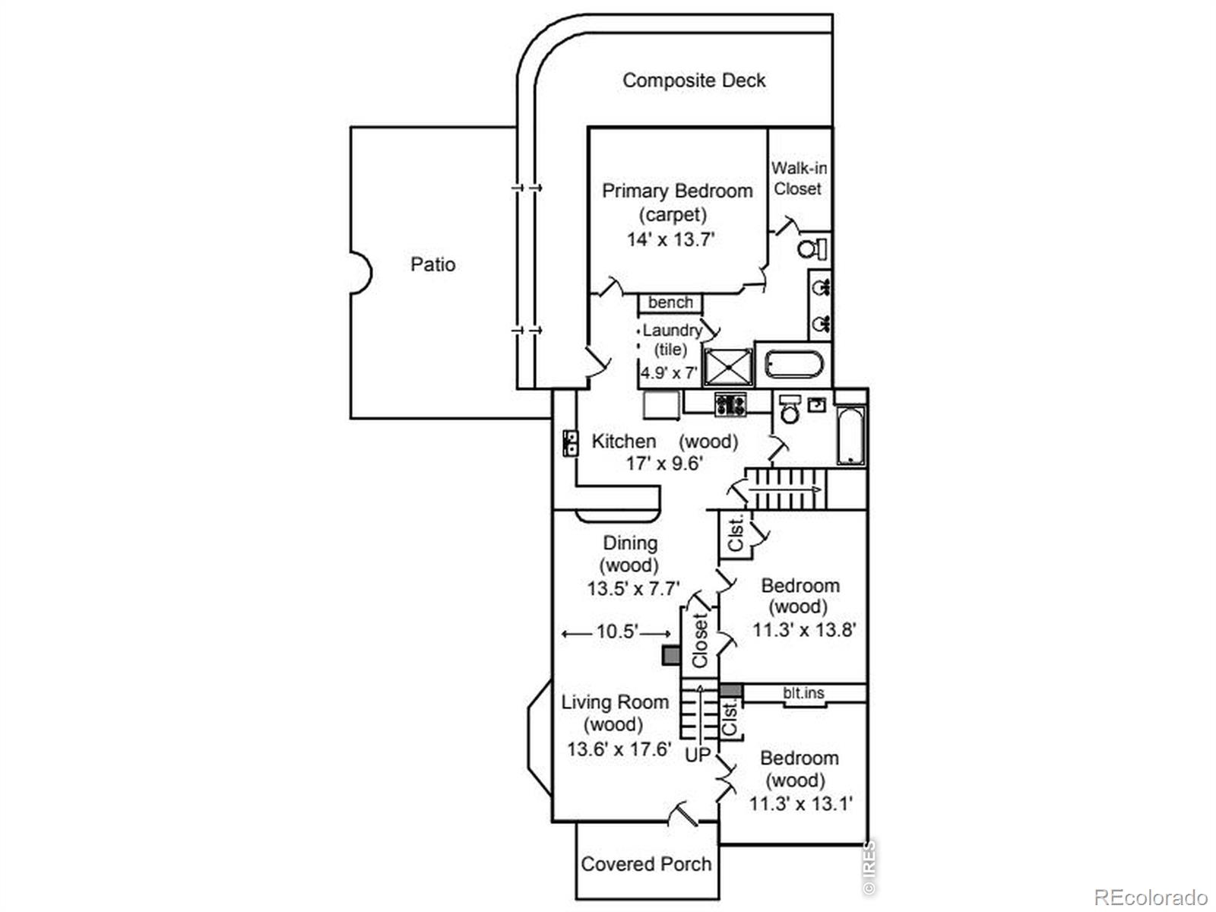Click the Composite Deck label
(x=694, y=81)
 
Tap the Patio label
(x=432, y=264)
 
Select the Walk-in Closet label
(x=799, y=179)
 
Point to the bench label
(x=670, y=302)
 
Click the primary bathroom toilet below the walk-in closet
(x=812, y=249)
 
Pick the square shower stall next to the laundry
(x=728, y=366)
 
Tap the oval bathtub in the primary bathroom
(x=794, y=365)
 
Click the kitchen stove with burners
(x=730, y=404)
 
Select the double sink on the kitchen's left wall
(x=571, y=444)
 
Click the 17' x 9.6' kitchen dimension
(x=664, y=463)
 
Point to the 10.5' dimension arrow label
(x=617, y=632)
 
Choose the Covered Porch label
(x=646, y=864)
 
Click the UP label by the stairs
(x=698, y=755)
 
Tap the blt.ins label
(x=803, y=692)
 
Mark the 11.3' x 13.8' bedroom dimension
(x=804, y=629)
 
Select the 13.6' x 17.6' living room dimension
(x=619, y=749)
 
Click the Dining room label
(x=631, y=543)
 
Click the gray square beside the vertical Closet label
(x=671, y=656)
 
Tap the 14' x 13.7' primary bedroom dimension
(x=671, y=239)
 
